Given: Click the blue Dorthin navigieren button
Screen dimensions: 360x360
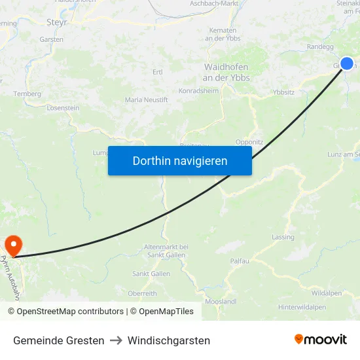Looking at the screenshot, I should [179, 160].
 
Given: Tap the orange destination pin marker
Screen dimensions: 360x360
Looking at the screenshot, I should [13, 245].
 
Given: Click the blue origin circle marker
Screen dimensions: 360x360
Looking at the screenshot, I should [347, 63].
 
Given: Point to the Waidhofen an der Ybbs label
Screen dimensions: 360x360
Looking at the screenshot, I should [226, 73].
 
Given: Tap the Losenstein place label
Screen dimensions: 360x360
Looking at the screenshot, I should [63, 107].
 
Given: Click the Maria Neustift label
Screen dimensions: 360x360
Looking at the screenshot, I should [147, 100].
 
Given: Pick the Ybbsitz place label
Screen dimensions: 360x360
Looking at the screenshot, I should [283, 92].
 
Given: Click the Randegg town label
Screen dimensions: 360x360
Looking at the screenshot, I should [320, 47].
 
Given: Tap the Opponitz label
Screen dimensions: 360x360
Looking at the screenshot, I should [249, 141].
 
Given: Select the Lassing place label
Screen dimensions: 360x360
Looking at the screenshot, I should [283, 237].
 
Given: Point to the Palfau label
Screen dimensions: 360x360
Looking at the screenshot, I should [240, 261].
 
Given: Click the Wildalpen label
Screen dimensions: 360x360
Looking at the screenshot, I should [327, 293].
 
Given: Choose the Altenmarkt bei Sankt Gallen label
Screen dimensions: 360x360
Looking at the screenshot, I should [166, 251].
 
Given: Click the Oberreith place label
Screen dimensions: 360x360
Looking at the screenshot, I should [142, 293].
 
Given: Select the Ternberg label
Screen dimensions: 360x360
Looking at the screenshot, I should [27, 94].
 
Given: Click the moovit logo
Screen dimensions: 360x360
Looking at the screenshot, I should [320, 340].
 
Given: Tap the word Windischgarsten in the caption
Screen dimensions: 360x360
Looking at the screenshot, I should [169, 340].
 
